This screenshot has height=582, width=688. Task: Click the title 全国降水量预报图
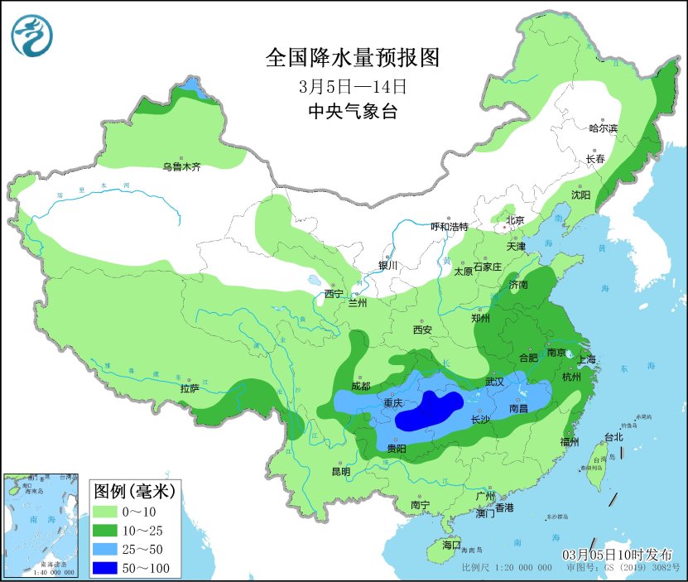(x=352, y=58)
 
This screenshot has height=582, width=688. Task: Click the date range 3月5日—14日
(x=353, y=86)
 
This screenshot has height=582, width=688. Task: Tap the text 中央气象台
(x=352, y=112)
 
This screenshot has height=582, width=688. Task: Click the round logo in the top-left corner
(x=31, y=36)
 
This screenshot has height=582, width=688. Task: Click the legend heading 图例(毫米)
(x=132, y=492)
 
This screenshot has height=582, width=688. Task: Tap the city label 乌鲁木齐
(x=181, y=167)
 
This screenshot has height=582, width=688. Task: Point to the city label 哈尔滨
(x=603, y=128)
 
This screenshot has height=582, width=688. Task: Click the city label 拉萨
(x=189, y=387)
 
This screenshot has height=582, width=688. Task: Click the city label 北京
(x=514, y=220)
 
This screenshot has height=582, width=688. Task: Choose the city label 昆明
(x=340, y=471)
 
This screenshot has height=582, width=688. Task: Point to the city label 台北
(x=613, y=437)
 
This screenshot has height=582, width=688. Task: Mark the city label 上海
(x=586, y=359)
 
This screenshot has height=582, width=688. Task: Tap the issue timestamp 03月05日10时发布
(x=618, y=554)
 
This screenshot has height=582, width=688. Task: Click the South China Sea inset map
(x=42, y=525)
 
